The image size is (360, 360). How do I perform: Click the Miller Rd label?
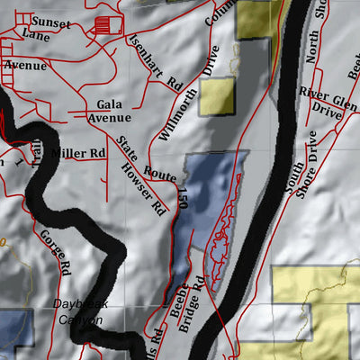point(77,154)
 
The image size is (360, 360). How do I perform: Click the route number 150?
point(181,202)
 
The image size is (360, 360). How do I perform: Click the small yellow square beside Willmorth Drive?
point(217,96)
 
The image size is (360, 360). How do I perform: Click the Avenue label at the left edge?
point(24,66)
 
